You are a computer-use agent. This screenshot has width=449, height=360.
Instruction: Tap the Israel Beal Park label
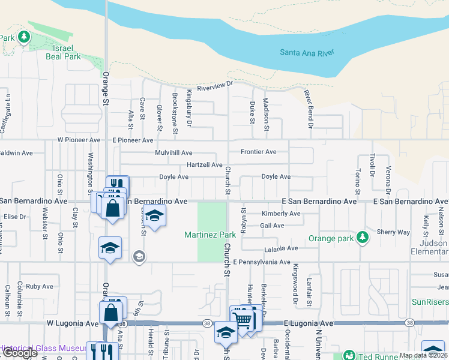(x=63, y=52)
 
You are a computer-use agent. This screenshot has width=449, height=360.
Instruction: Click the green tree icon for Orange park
(x=362, y=238)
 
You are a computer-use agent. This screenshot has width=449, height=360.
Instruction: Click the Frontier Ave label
(x=259, y=152)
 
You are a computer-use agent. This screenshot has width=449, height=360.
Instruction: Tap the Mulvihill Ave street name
(x=173, y=152)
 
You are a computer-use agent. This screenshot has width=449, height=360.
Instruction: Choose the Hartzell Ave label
(x=205, y=164)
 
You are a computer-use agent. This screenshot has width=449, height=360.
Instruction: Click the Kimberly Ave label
(x=281, y=214)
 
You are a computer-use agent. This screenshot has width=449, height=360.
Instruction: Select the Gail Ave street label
(x=273, y=226)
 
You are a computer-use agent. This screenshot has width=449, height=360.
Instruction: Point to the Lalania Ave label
(x=281, y=248)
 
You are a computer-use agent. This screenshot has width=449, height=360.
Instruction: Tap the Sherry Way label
(x=393, y=232)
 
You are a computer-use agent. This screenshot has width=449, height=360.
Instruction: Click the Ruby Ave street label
(x=40, y=287)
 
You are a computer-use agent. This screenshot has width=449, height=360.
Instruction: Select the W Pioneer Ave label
(x=79, y=140)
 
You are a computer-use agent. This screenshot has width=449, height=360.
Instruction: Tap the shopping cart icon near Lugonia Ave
(x=242, y=319)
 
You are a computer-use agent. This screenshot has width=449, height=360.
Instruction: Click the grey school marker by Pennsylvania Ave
(x=139, y=257)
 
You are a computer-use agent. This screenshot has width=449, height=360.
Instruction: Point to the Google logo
(x=19, y=353)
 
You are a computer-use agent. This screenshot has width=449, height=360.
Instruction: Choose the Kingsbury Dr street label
(x=188, y=109)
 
